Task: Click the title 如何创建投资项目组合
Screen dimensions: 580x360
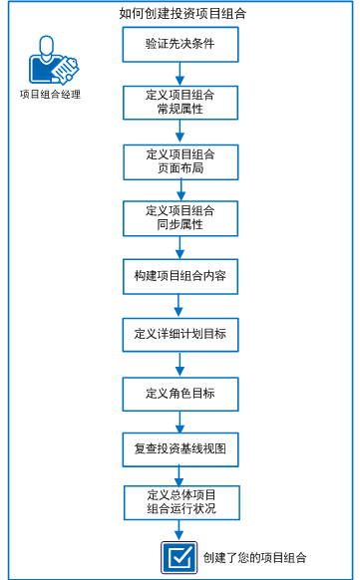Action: coord(180,13)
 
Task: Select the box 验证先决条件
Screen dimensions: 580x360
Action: coord(180,44)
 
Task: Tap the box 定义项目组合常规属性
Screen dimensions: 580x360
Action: coord(180,101)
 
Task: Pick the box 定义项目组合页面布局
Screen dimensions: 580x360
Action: coord(180,159)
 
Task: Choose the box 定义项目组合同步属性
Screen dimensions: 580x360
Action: coord(180,217)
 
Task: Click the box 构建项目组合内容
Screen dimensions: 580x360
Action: coord(180,275)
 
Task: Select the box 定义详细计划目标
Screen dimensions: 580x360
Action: coord(180,333)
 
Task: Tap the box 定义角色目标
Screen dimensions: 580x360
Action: coord(180,392)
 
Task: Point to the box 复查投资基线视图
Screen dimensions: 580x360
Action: coord(180,449)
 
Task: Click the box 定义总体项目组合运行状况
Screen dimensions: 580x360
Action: coord(180,501)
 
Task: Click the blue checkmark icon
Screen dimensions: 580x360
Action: coord(178,558)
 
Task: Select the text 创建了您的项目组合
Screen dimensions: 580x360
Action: coord(253,558)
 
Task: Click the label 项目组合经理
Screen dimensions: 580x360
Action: coord(49,95)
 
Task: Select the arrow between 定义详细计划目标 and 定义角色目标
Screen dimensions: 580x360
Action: coord(180,362)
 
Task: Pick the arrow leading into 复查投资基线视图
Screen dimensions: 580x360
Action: coord(180,421)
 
